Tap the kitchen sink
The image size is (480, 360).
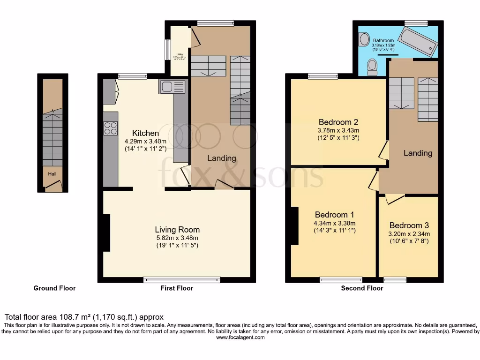click(x=172, y=87)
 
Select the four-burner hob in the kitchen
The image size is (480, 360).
click(x=111, y=128)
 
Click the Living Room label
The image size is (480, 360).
click(x=177, y=230)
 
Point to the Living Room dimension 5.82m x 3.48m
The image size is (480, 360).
click(x=177, y=238)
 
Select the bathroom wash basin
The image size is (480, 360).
click(x=364, y=40)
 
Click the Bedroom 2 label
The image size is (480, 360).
click(x=338, y=122)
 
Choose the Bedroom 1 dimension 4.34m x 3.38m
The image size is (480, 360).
click(x=335, y=223)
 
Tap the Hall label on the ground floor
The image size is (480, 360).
click(x=52, y=173)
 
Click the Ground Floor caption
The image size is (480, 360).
click(x=54, y=288)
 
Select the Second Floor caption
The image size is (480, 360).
click(x=362, y=288)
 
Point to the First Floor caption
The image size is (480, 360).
click(x=177, y=288)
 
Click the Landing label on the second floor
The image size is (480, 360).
click(x=418, y=153)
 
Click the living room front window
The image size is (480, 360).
click(x=182, y=280)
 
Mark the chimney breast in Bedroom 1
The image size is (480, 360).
click(x=294, y=225)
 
